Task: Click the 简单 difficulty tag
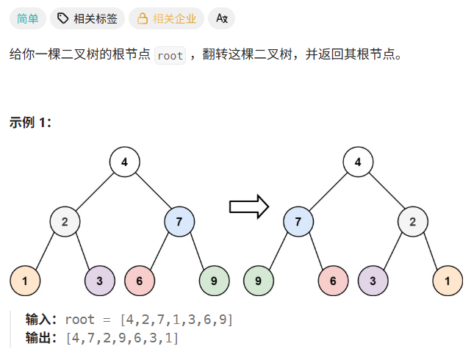coord(28,18)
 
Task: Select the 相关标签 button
coord(88,18)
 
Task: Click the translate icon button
coord(221,18)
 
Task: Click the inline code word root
coord(170,56)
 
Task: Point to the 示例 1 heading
coord(30,123)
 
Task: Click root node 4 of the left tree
coord(125,162)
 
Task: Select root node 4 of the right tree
coord(358,162)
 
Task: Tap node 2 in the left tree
coord(65,221)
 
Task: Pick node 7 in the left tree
coord(179,221)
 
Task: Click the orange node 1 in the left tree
coord(25,280)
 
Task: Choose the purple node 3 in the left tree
coord(100,280)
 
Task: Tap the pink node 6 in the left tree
coord(140,280)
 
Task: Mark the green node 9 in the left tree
coord(214,280)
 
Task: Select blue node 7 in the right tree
coord(298,221)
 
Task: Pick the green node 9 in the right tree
coord(258,280)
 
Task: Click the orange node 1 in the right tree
coord(448,280)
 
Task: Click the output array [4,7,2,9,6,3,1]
coord(122,338)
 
